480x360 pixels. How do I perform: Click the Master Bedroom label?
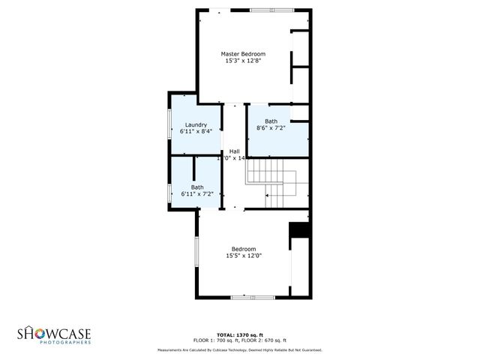coord(243,53)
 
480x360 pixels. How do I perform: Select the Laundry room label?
coord(196,124)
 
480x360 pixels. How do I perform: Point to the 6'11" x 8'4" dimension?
coord(196,131)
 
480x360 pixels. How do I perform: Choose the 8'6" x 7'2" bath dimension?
coord(271,128)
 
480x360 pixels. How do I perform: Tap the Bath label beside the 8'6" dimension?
coord(271,121)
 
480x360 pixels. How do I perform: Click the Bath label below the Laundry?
coord(196,187)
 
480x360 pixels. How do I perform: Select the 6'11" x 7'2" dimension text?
coord(196,194)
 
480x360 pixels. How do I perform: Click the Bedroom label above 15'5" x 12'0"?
coord(244,249)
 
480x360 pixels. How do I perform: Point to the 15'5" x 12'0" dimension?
coord(244,256)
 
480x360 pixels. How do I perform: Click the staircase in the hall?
coord(274,184)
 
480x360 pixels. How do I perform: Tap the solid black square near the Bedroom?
coord(299,230)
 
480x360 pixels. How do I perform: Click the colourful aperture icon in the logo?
coord(32,332)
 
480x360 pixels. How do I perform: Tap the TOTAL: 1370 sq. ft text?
coord(239,334)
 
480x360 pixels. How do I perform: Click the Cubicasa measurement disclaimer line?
coord(239,349)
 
